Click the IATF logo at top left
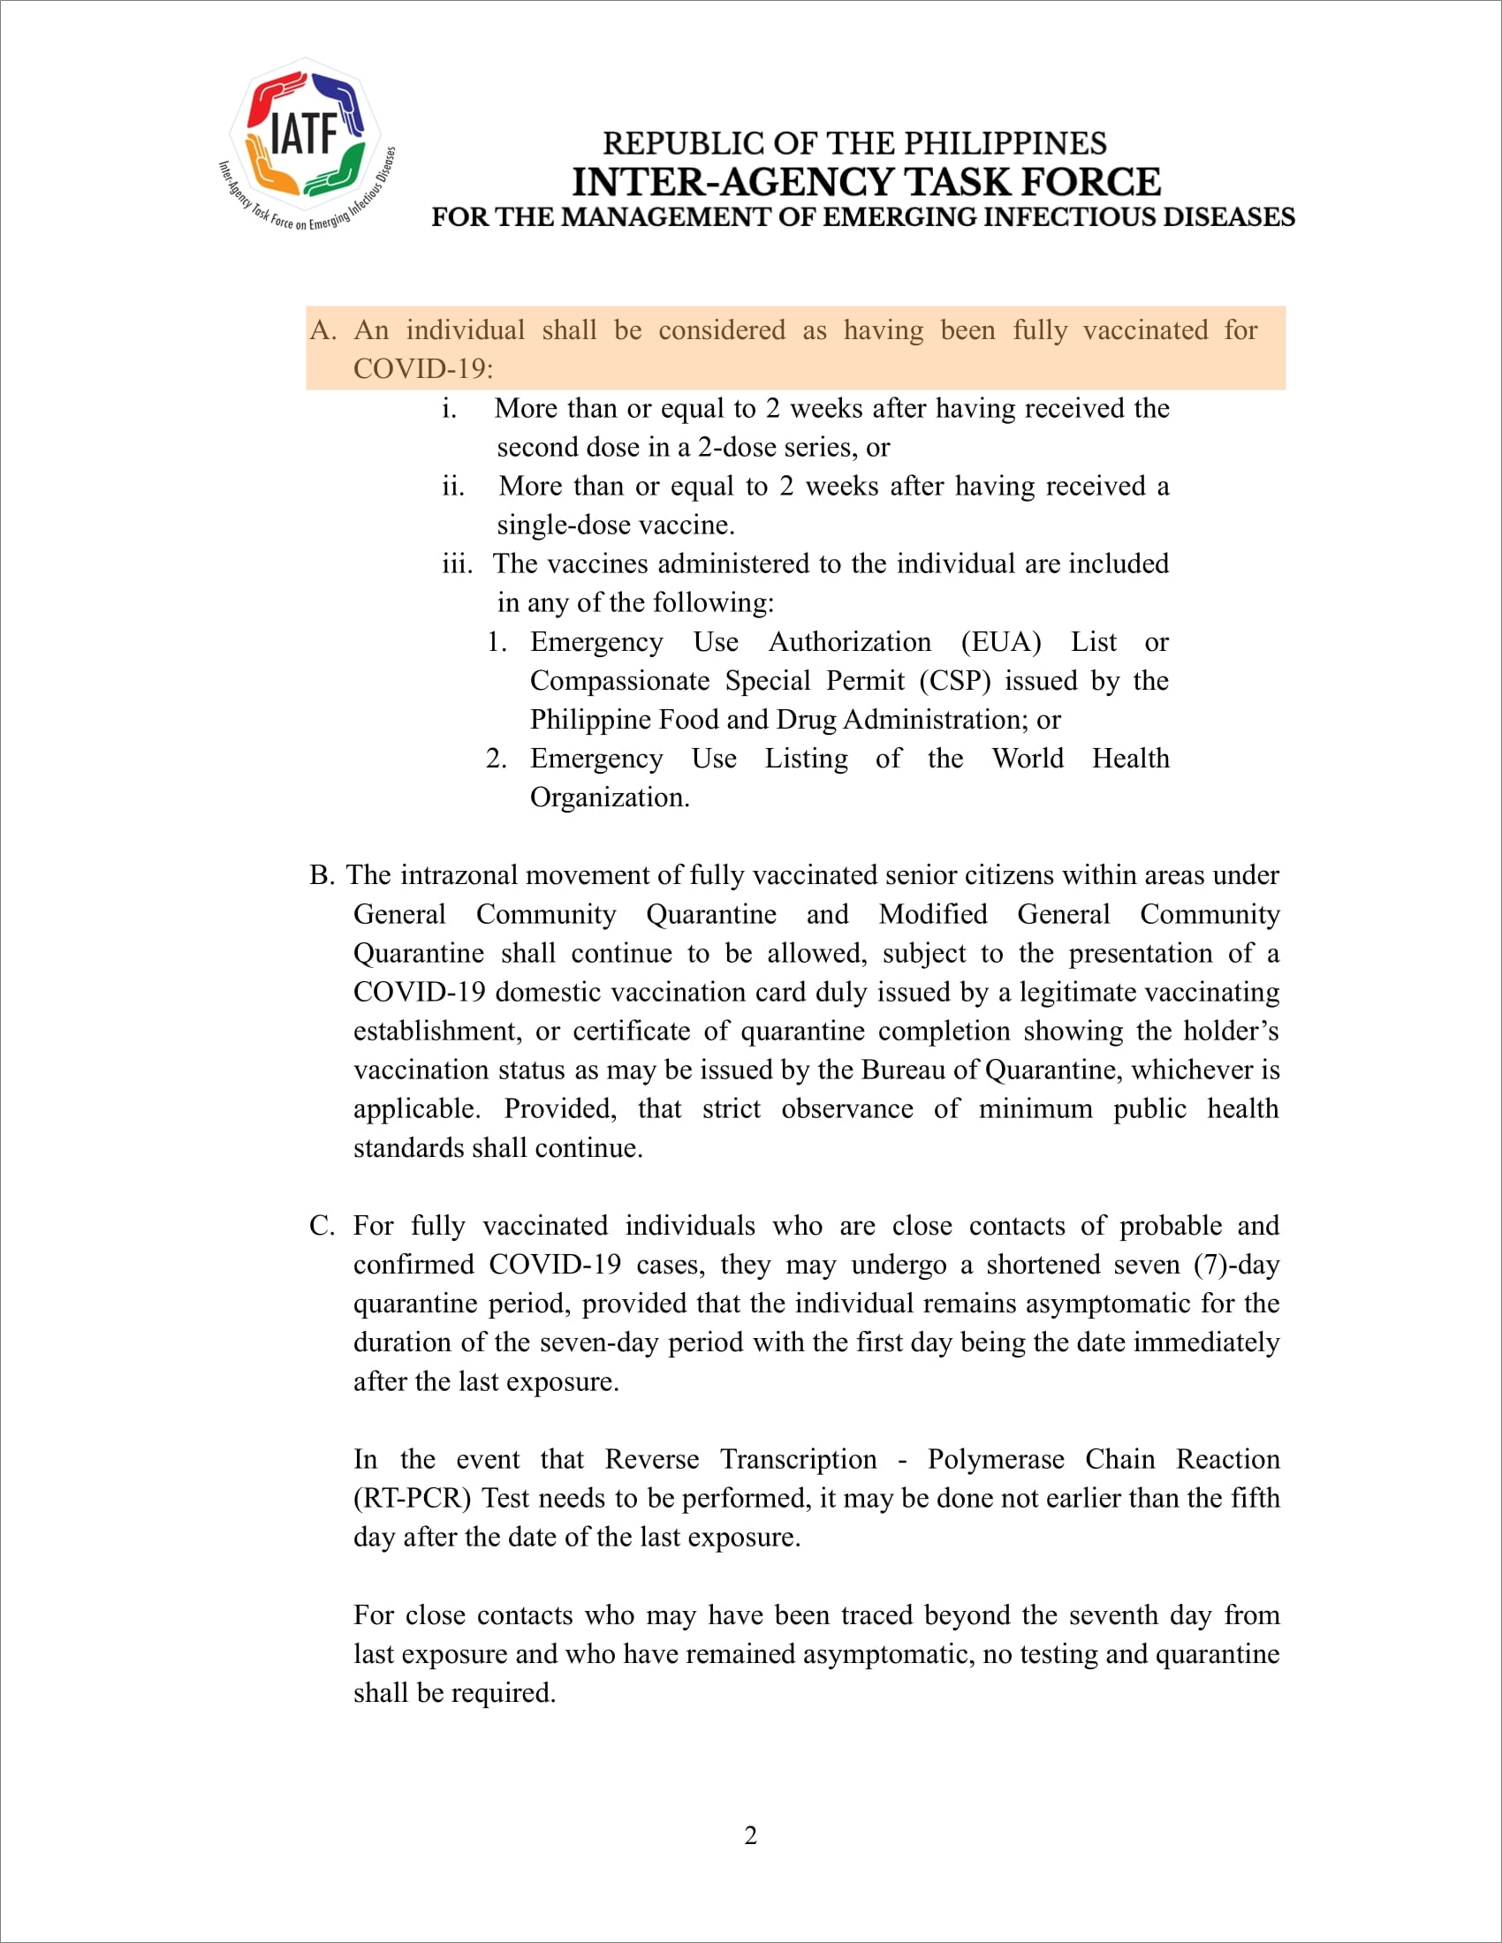[x=305, y=142]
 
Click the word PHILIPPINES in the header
[x=1005, y=143]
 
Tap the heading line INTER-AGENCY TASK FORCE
[x=866, y=181]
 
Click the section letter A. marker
[x=322, y=330]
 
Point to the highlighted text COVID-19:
[x=422, y=368]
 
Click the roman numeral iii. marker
[x=457, y=563]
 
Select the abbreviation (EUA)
[x=1000, y=641]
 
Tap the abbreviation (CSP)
[x=955, y=681]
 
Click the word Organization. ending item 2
[x=610, y=798]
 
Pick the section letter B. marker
[x=322, y=875]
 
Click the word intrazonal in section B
[x=459, y=875]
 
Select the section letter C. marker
[x=322, y=1226]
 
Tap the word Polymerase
[x=995, y=1459]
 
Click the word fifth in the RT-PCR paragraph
[x=1255, y=1498]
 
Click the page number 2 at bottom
[x=750, y=1835]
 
